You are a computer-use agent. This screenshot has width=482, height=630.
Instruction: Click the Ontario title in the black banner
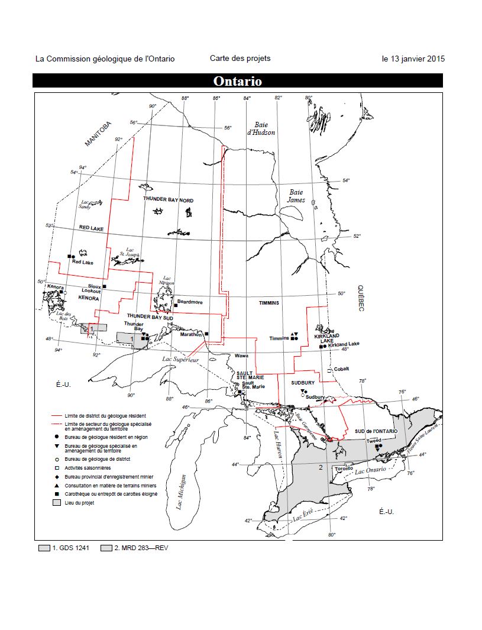click(x=237, y=81)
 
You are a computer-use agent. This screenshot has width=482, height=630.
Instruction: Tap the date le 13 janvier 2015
click(x=413, y=59)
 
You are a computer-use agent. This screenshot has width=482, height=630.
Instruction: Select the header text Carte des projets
click(x=240, y=58)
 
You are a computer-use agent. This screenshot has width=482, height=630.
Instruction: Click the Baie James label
click(x=296, y=196)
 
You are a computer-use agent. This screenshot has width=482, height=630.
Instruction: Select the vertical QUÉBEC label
click(x=360, y=298)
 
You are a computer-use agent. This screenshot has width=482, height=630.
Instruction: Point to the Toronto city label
click(x=344, y=469)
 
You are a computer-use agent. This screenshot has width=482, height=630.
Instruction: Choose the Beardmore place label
click(x=190, y=302)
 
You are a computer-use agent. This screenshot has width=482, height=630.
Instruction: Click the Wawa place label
click(x=241, y=356)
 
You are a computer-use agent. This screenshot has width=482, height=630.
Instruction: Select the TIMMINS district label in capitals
click(x=268, y=302)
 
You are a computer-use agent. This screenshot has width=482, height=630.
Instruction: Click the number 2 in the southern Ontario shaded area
click(x=320, y=467)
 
